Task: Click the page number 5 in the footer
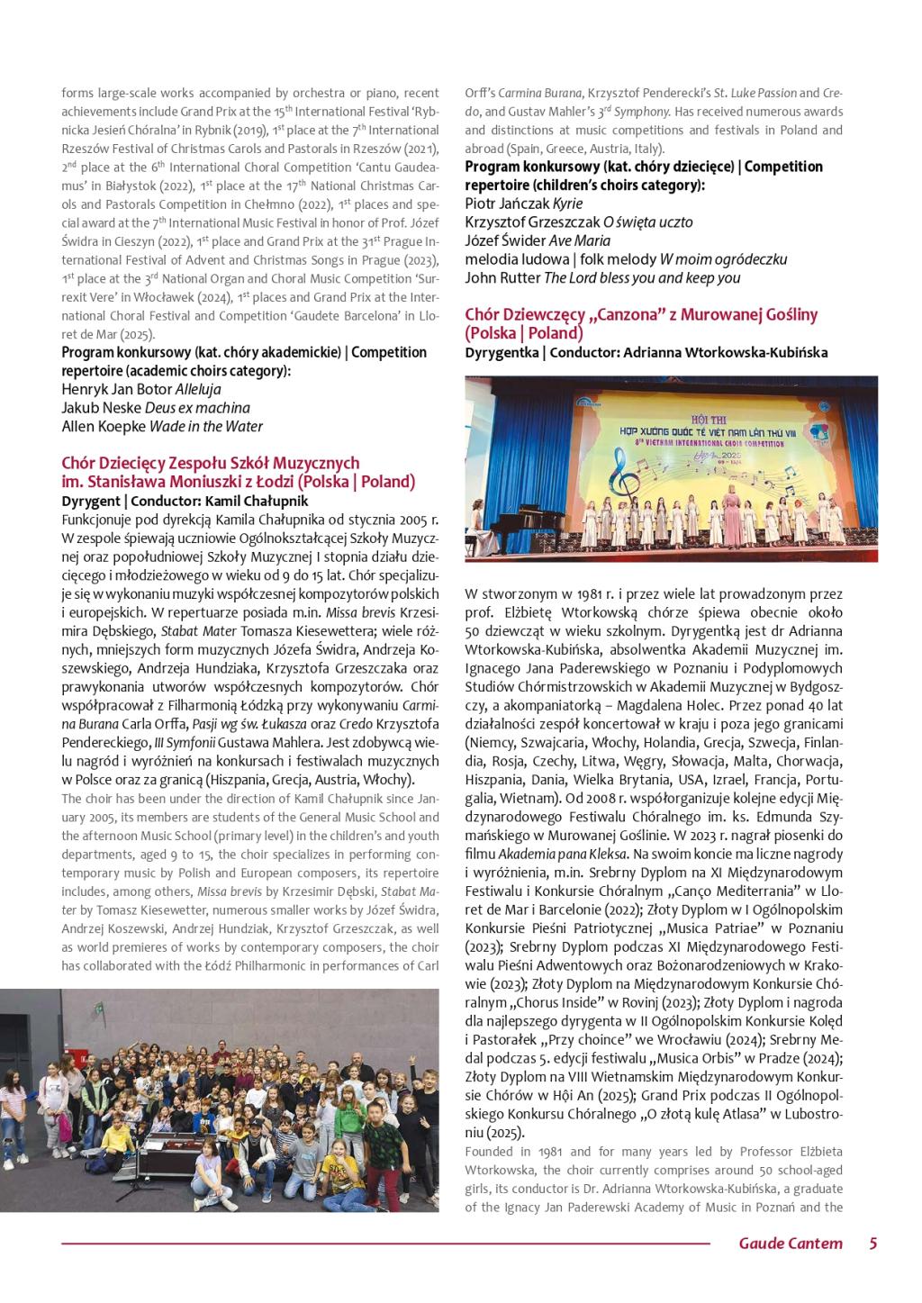point(872,1244)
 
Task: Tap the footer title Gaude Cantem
point(791,1244)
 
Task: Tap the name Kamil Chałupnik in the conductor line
point(257,501)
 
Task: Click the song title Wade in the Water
point(206,427)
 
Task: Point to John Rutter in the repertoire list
point(502,278)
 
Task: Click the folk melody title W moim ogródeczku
point(723,259)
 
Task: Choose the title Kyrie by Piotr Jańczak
point(568,204)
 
